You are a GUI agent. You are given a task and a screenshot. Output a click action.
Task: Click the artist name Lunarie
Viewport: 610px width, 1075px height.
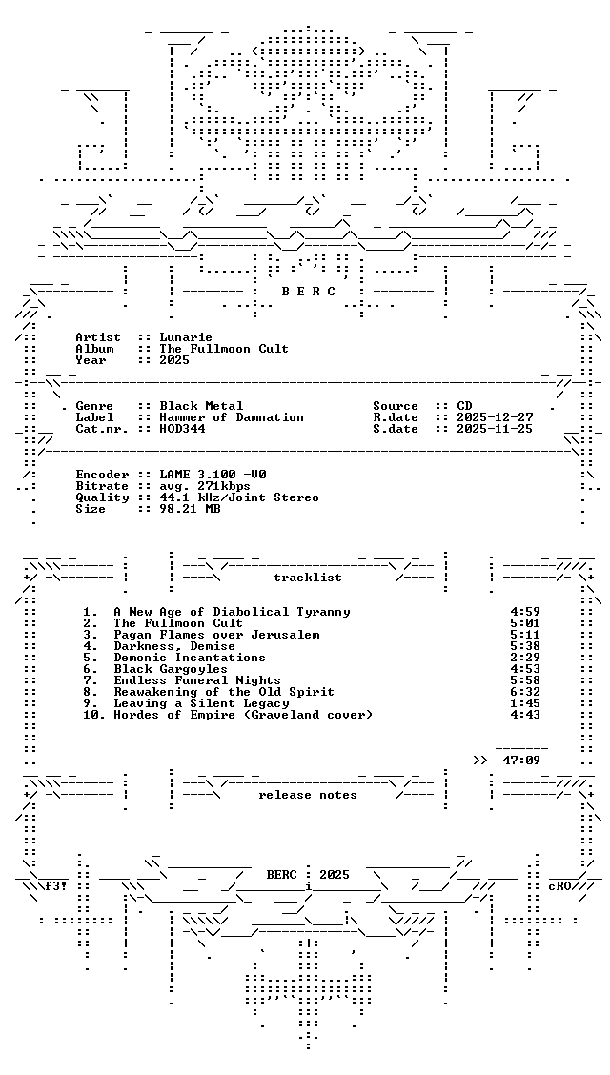click(x=186, y=337)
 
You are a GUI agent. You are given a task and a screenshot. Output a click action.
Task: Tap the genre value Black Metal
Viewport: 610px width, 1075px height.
click(x=201, y=406)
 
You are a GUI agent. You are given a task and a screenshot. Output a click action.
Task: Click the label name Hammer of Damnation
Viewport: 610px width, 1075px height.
click(x=232, y=417)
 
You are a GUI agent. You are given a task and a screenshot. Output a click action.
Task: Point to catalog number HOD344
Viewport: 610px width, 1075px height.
click(x=182, y=429)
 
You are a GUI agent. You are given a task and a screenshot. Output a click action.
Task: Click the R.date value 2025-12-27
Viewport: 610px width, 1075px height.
click(x=495, y=417)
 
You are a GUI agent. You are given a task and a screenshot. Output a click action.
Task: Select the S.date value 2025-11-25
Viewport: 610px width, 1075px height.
click(x=495, y=429)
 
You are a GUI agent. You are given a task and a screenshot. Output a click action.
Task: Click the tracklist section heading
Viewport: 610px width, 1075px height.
click(x=308, y=578)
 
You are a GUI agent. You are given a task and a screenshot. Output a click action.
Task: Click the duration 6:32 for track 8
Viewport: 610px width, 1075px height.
click(x=525, y=692)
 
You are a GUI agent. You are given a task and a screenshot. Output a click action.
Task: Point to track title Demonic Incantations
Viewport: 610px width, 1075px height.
click(x=190, y=658)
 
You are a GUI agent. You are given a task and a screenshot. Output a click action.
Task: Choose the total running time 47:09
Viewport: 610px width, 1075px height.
click(x=521, y=761)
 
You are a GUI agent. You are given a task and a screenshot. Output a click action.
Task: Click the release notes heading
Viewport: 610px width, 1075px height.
click(x=308, y=795)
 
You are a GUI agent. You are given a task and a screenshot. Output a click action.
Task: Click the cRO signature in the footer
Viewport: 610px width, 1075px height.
click(x=559, y=885)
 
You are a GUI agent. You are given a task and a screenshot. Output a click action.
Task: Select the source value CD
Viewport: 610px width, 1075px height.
click(x=465, y=406)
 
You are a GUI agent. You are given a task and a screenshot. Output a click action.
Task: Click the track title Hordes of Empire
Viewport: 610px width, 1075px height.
click(x=171, y=715)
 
